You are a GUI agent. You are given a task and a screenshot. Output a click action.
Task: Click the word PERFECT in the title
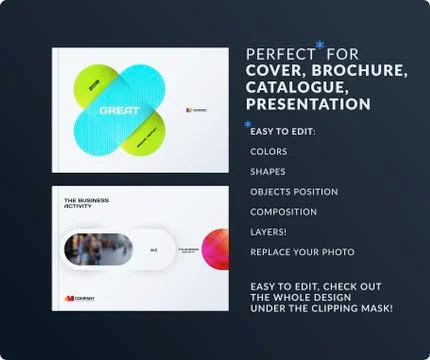click(279, 54)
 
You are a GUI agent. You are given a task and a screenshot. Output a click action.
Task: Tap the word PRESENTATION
click(308, 104)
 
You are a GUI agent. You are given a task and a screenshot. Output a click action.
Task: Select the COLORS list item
click(269, 152)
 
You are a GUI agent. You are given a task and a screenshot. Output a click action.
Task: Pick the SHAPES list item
click(268, 171)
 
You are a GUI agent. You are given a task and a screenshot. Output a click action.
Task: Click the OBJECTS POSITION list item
click(294, 191)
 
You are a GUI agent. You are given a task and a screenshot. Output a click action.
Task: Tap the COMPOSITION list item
click(283, 211)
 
